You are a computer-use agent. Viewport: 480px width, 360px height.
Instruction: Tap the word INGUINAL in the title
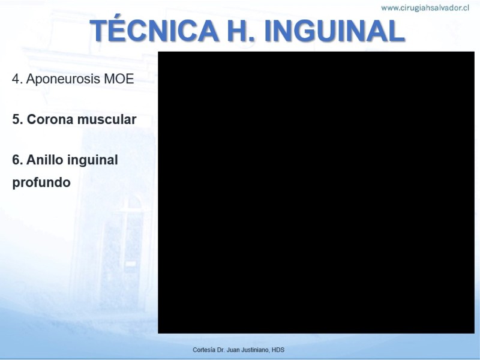coord(334,31)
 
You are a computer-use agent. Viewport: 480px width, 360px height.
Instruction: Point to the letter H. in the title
coord(242,31)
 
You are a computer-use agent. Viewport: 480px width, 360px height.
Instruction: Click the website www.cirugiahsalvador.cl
coord(425,8)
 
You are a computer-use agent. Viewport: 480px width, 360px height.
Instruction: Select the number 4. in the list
coord(17,79)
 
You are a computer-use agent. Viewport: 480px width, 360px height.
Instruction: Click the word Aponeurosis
coord(63,79)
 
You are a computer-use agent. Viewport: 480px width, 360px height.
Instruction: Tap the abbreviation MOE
coord(119,79)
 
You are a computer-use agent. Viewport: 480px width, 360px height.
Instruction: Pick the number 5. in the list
coord(17,119)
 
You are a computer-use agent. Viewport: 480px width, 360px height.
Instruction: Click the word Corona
coord(50,119)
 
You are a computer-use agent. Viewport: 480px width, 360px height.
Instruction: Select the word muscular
coord(107,119)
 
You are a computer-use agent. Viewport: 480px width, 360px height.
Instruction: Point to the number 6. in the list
coord(17,160)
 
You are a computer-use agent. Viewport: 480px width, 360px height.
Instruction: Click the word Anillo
coord(45,160)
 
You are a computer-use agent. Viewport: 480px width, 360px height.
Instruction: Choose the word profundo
coord(41,182)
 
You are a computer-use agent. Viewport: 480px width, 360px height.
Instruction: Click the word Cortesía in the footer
coord(204,350)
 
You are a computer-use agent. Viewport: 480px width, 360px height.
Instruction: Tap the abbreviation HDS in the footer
coord(278,350)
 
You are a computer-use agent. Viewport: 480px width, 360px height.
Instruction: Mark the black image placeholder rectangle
coord(316,192)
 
